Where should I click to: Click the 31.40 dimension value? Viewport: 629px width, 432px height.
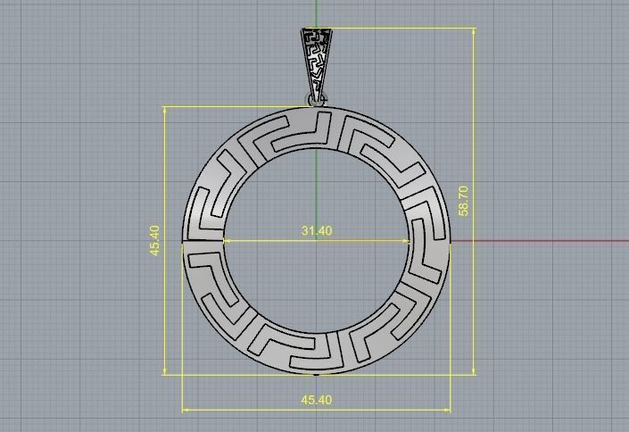pyautogui.click(x=317, y=230)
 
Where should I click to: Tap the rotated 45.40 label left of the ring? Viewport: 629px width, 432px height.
pyautogui.click(x=155, y=240)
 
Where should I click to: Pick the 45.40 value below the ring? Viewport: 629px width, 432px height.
pyautogui.click(x=317, y=400)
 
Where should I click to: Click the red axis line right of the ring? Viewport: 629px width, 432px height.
pyautogui.click(x=535, y=240)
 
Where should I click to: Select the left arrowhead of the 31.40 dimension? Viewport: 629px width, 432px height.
pyautogui.click(x=227, y=240)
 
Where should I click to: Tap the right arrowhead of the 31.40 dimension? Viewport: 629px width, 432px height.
pyautogui.click(x=408, y=240)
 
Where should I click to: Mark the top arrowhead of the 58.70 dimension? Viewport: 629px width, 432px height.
pyautogui.click(x=475, y=32)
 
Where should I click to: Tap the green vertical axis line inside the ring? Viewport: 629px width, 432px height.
pyautogui.click(x=317, y=187)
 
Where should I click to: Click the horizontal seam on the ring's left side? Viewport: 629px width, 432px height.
pyautogui.click(x=203, y=241)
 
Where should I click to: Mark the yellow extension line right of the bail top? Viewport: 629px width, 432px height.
pyautogui.click(x=401, y=28)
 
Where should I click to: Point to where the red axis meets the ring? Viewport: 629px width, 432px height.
pyautogui.click(x=451, y=240)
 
